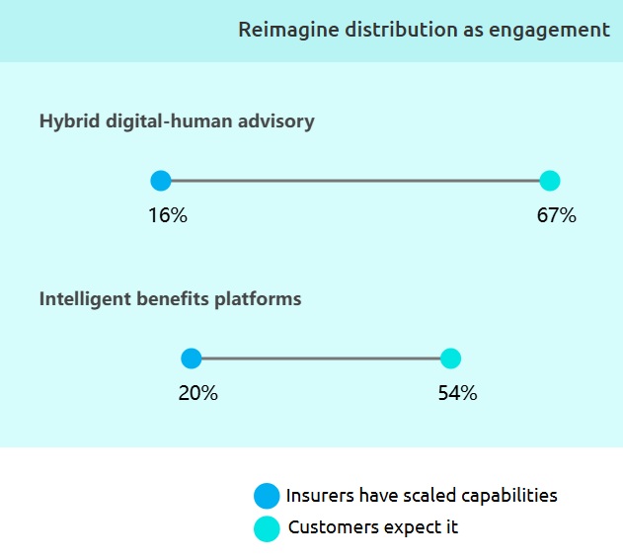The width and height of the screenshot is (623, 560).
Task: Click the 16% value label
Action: [168, 215]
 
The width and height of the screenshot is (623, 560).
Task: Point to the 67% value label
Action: [556, 215]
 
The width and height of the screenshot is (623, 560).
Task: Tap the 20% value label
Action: [197, 393]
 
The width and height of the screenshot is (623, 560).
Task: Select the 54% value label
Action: [457, 393]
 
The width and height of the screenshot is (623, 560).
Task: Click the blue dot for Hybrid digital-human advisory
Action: [161, 181]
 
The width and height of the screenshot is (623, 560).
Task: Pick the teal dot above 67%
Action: [550, 181]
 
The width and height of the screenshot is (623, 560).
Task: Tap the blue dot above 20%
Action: [192, 359]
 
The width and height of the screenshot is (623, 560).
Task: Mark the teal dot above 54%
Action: [450, 359]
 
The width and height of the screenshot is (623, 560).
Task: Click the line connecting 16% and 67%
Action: [355, 181]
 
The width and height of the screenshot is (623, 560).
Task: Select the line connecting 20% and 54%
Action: [321, 359]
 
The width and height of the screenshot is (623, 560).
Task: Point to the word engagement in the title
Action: [549, 31]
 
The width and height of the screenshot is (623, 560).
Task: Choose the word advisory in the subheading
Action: [276, 121]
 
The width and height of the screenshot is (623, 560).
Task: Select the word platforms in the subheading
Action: [258, 299]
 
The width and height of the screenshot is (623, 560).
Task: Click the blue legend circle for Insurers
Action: [267, 496]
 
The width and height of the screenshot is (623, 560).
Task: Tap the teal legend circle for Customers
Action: [267, 529]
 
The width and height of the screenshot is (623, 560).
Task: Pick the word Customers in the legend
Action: [334, 527]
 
